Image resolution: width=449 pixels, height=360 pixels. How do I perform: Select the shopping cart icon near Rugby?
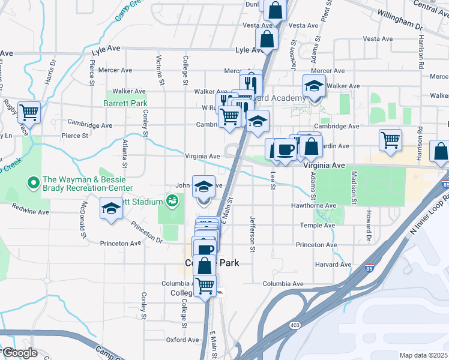[x=28, y=112]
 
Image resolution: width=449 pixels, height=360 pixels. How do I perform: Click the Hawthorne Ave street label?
[x=315, y=206]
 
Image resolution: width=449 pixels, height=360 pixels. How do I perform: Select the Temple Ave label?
[x=316, y=225]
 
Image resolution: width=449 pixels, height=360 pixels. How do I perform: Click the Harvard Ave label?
[x=331, y=265]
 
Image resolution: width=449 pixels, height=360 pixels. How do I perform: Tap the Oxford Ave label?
[x=182, y=340]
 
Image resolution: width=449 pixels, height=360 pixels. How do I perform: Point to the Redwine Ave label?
[x=29, y=212]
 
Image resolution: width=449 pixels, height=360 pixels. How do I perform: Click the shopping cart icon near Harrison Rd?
[x=390, y=140]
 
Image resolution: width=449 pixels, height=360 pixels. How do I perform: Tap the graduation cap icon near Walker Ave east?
[x=314, y=86]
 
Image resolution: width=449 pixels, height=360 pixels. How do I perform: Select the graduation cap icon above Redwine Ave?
[x=110, y=208]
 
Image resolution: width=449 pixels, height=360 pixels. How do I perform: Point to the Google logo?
[x=20, y=353]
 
